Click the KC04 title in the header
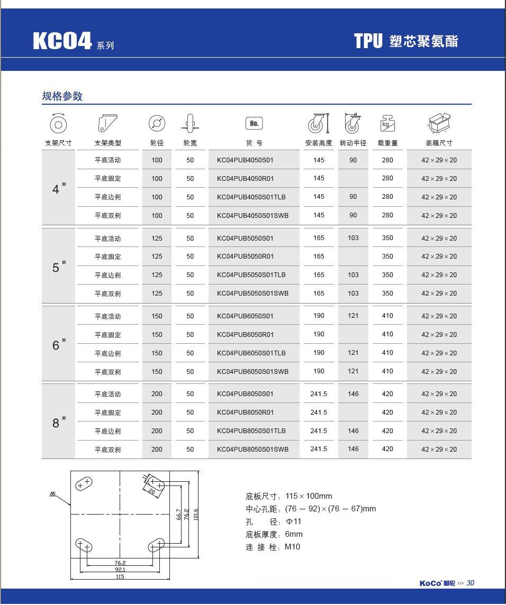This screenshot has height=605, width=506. pos(62,41)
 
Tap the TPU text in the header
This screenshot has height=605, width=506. pos(368,41)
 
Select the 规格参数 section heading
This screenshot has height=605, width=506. pos(62,96)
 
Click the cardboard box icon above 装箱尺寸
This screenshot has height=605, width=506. pos(439,124)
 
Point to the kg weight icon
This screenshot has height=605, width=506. pos(387,124)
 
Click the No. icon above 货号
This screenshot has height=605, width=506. pos(254,124)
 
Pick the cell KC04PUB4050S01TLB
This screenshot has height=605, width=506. pos(251,197)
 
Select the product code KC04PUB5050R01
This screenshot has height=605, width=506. pos(245,256)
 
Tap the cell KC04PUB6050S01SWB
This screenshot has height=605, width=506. pos(252,371)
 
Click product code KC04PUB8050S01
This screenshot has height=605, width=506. pos(245,394)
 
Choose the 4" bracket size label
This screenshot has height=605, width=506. pos(59,188)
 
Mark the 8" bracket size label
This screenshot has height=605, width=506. pos(59,423)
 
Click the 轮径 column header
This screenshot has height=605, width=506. pos(157,143)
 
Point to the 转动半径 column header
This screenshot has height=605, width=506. pos(353,143)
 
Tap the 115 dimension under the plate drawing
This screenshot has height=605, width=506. pos(120,576)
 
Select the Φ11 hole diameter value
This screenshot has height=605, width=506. pos(294,521)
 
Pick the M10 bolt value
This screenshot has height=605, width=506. pos(292,547)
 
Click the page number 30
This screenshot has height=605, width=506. pos(471,583)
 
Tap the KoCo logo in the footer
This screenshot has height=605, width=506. pos(430,583)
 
